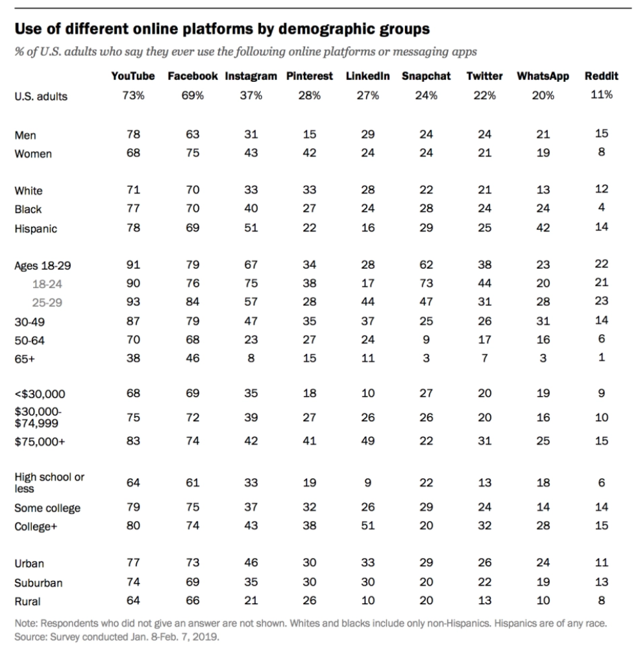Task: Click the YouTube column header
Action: pyautogui.click(x=133, y=76)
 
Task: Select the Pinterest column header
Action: pyautogui.click(x=310, y=76)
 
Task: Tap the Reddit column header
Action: pyautogui.click(x=601, y=76)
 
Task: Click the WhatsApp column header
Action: pyautogui.click(x=543, y=76)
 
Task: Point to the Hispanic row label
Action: pyautogui.click(x=36, y=228)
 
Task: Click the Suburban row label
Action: pyautogui.click(x=38, y=583)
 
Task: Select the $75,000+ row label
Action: pyautogui.click(x=40, y=441)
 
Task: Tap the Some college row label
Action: pyautogui.click(x=47, y=508)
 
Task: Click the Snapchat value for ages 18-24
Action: pyautogui.click(x=426, y=283)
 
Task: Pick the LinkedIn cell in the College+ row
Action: pyautogui.click(x=368, y=526)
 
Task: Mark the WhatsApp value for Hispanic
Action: pyautogui.click(x=543, y=228)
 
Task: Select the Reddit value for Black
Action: pyautogui.click(x=602, y=208)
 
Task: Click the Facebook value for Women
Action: pyautogui.click(x=192, y=153)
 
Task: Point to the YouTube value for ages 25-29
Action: pyautogui.click(x=133, y=302)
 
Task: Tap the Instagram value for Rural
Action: pyautogui.click(x=251, y=600)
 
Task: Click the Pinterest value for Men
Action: pyautogui.click(x=310, y=134)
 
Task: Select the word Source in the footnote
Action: pyautogui.click(x=30, y=637)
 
